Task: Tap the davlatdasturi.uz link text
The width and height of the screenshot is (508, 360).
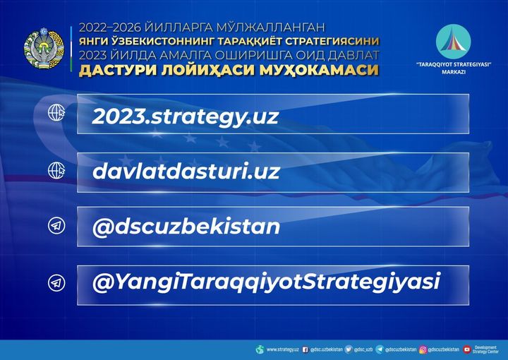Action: pyautogui.click(x=186, y=171)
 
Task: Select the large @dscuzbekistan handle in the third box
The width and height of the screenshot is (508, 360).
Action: pyautogui.click(x=186, y=226)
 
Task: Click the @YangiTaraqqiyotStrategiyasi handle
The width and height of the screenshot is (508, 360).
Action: pyautogui.click(x=266, y=282)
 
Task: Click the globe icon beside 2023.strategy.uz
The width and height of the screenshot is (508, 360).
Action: pyautogui.click(x=56, y=113)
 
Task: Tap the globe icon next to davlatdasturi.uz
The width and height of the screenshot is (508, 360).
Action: pyautogui.click(x=56, y=170)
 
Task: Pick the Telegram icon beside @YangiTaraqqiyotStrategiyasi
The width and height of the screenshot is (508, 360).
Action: pyautogui.click(x=56, y=283)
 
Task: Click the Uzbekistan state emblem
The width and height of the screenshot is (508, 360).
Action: pyautogui.click(x=44, y=48)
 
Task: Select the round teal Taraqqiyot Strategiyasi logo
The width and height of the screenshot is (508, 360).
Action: pyautogui.click(x=453, y=42)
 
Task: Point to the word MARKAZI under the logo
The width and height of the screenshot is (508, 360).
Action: pyautogui.click(x=454, y=72)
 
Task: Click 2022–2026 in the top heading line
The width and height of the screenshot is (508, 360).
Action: pyautogui.click(x=110, y=28)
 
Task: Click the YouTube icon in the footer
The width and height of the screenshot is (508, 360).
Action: pyautogui.click(x=467, y=349)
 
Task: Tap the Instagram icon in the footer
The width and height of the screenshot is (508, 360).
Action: pyautogui.click(x=423, y=349)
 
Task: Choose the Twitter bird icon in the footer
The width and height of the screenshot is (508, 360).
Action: pyautogui.click(x=349, y=349)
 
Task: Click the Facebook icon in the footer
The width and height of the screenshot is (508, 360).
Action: pyautogui.click(x=305, y=349)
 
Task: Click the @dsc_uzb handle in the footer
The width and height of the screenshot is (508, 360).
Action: pyautogui.click(x=363, y=349)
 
